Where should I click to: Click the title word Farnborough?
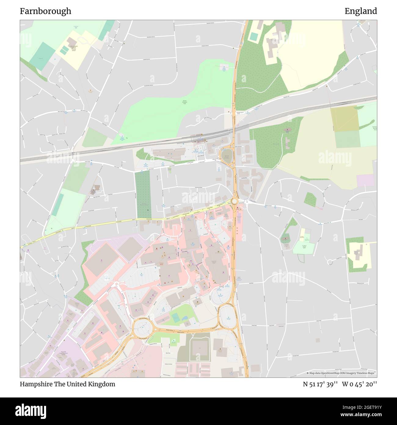pos(46,11)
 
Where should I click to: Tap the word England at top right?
pos(361,11)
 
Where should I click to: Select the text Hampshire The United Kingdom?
pos(67,384)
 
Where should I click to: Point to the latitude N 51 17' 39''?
pos(320,384)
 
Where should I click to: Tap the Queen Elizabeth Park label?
pos(184,102)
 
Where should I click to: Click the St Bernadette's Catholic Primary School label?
pos(74,48)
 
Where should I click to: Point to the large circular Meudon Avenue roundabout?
pos(143,329)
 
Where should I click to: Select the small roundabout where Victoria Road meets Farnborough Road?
pos(234,201)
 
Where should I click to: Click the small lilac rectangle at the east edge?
pos(365,180)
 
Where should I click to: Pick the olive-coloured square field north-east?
pos(344,119)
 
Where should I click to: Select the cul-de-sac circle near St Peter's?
pos(330,262)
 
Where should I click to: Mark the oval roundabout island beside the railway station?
pos(226,156)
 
